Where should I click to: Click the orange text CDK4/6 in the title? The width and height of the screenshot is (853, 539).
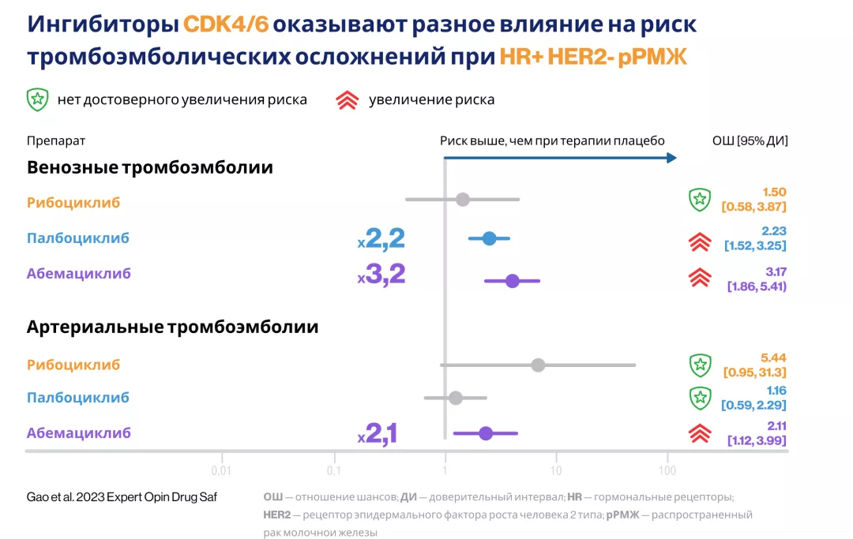(226, 24)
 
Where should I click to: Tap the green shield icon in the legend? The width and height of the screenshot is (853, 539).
(37, 99)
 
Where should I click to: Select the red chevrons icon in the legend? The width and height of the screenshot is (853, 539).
(348, 100)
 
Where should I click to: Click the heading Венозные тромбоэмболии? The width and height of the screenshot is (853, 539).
(150, 167)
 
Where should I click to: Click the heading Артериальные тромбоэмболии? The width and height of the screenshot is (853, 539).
(172, 326)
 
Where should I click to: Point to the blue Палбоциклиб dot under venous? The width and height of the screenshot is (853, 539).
(489, 238)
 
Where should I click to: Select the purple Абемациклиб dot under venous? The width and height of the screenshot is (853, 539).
(512, 281)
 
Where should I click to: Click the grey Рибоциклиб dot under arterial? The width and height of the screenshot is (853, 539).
(538, 365)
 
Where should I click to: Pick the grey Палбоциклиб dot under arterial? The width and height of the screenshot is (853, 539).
(455, 398)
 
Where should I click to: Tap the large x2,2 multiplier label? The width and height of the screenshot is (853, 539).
(381, 238)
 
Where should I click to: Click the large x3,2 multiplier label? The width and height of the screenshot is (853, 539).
(381, 274)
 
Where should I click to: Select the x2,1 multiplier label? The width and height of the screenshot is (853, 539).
(378, 433)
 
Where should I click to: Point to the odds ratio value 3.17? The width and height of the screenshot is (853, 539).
(775, 271)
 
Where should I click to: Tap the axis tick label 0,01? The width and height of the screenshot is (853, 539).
(223, 471)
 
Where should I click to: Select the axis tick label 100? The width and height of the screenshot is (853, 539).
(667, 471)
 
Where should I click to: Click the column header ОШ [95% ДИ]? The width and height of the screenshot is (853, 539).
(750, 140)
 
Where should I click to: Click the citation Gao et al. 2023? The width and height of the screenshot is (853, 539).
(122, 496)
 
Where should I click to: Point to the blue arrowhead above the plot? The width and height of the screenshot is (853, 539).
(671, 158)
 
